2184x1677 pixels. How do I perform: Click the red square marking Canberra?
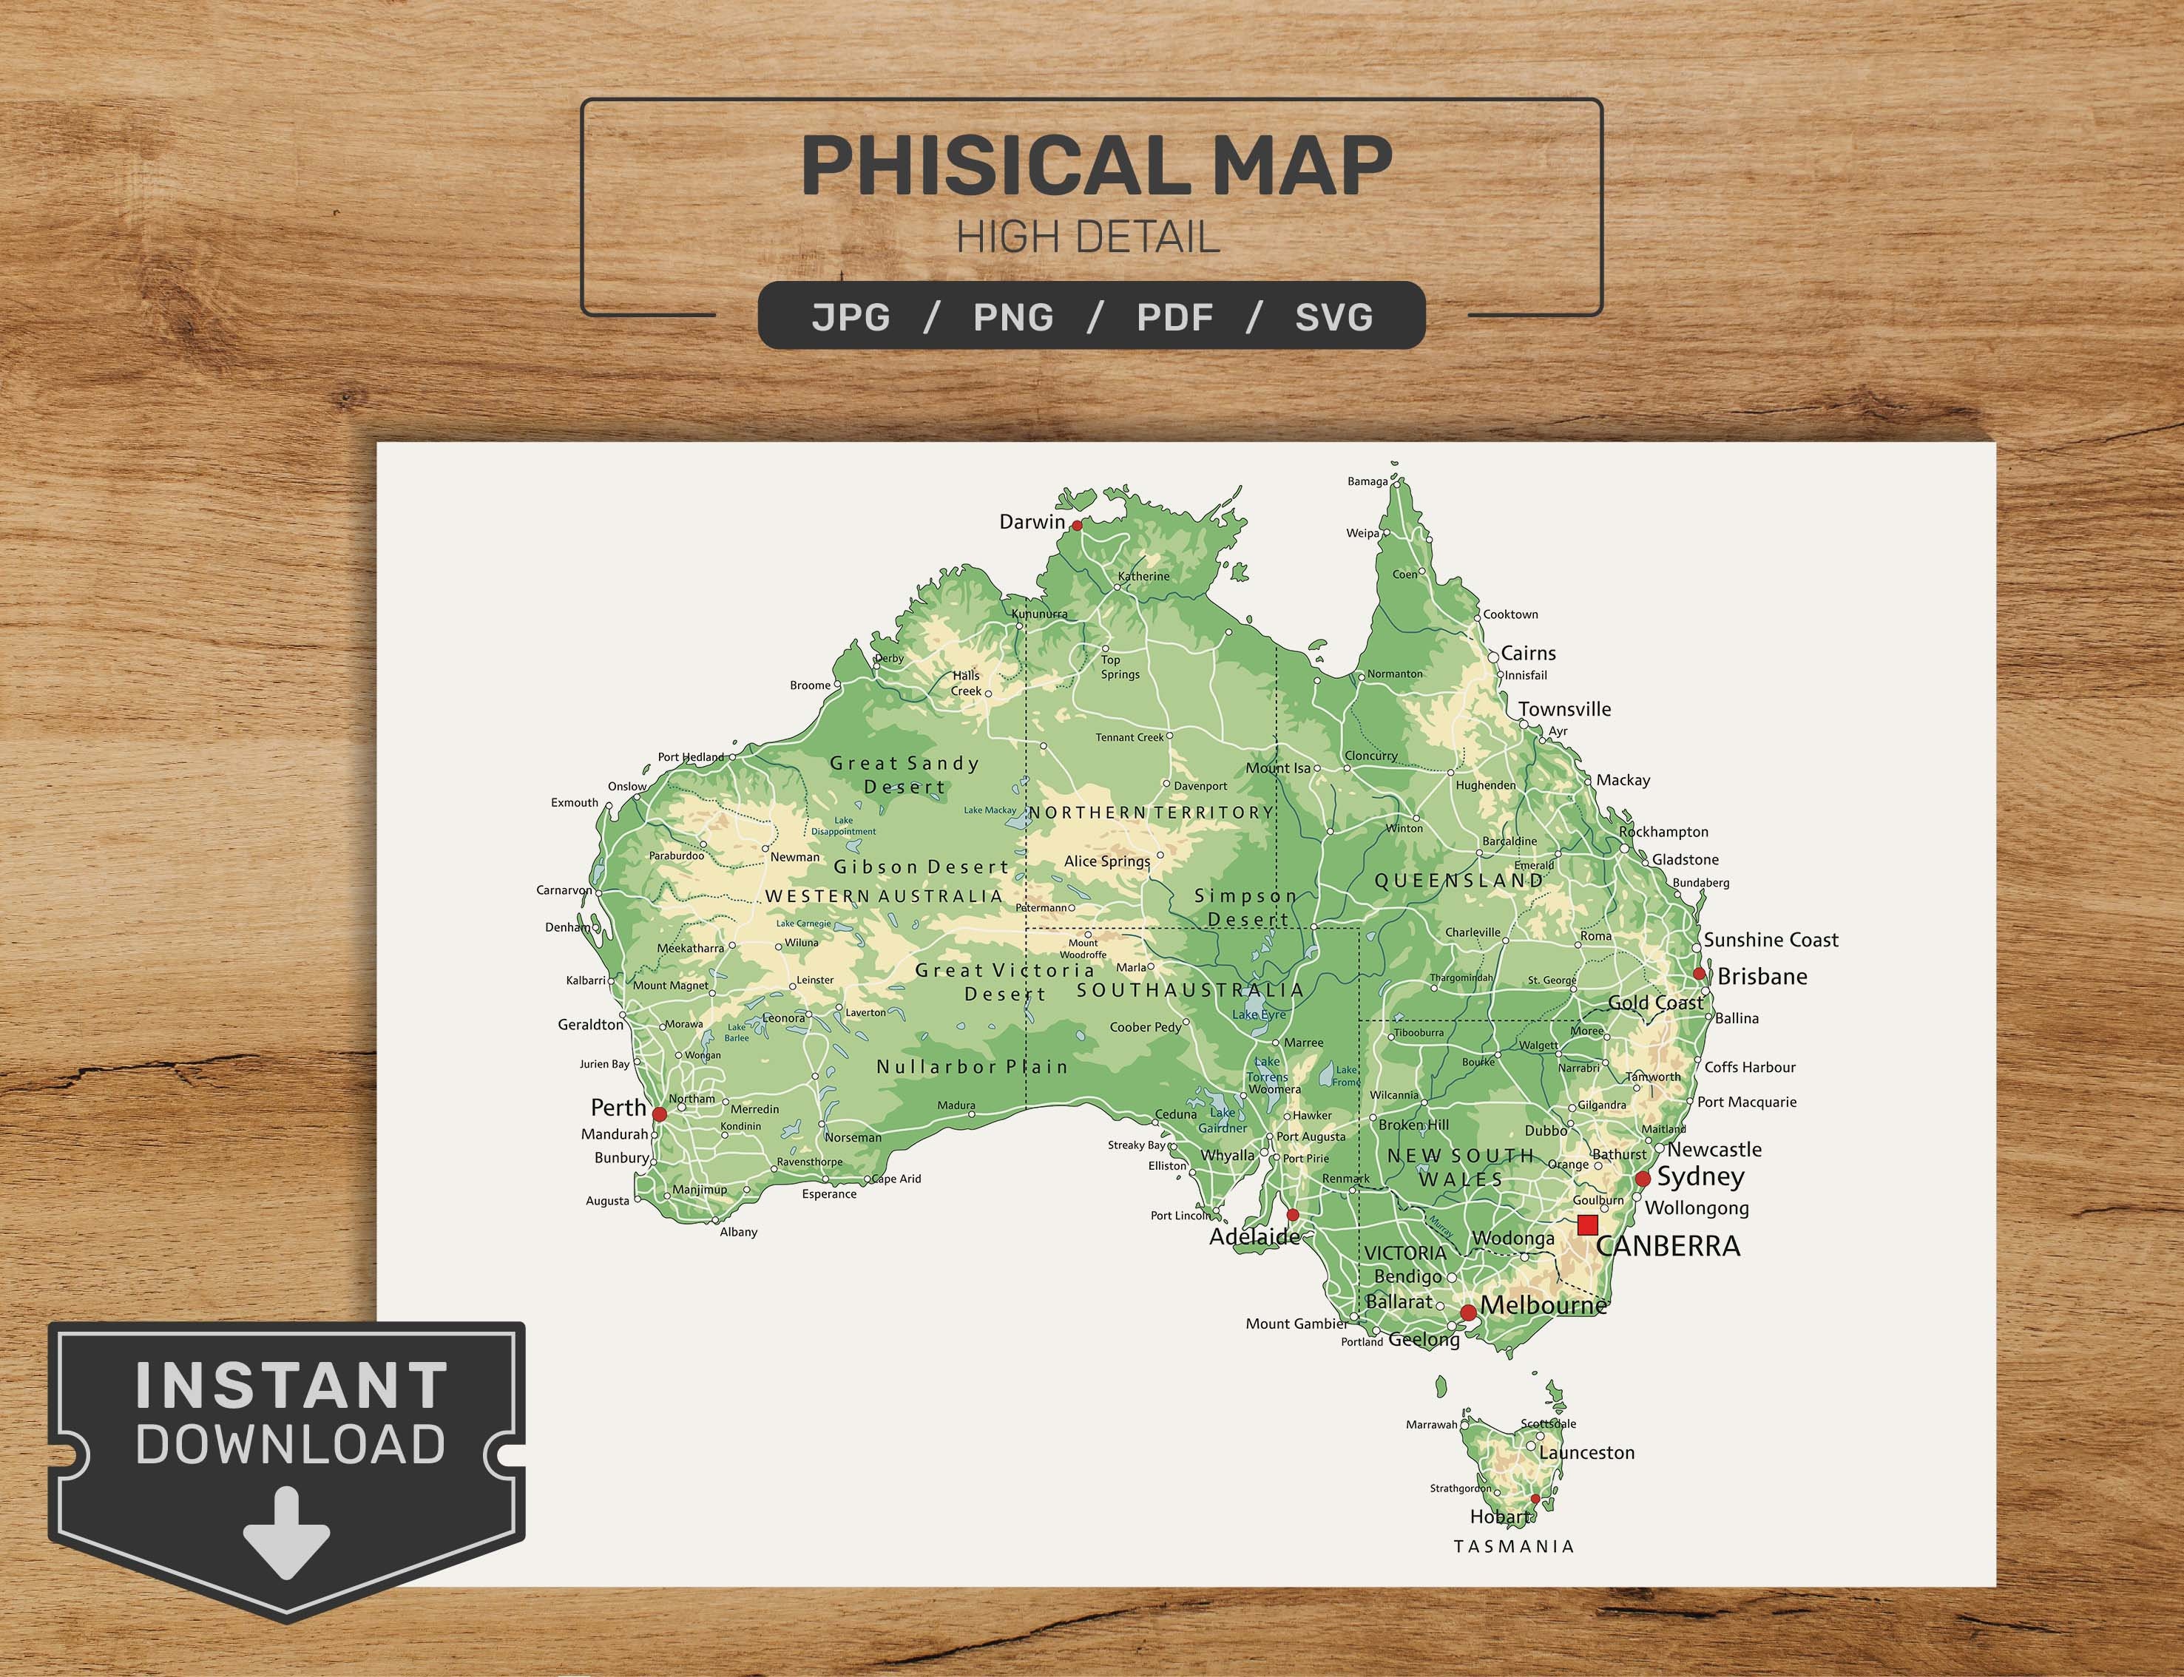[1587, 1224]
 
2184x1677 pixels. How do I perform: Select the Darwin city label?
[1032, 522]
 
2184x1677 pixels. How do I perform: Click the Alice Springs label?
[1106, 861]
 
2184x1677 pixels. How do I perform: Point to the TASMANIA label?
[1513, 1546]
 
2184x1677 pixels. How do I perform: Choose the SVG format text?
[1333, 317]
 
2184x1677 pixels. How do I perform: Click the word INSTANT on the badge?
[291, 1386]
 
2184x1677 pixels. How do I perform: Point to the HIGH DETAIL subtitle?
[1088, 237]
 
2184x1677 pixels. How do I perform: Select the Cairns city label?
[1528, 654]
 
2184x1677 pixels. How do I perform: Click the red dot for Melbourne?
[1467, 1312]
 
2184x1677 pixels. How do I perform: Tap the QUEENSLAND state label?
[1459, 881]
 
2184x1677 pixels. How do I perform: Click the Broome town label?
[810, 685]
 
